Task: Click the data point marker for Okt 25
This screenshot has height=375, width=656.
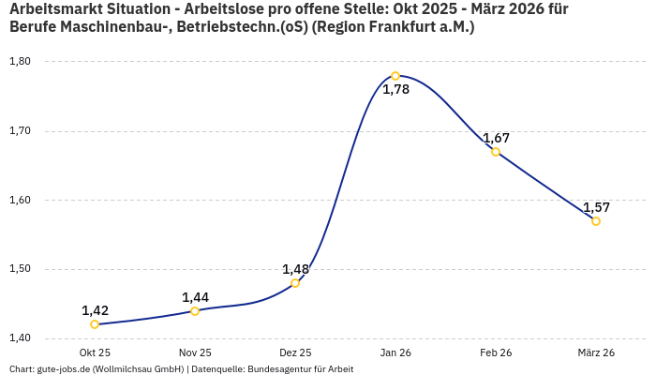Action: click(95, 324)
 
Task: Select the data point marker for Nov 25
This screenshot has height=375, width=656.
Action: click(195, 311)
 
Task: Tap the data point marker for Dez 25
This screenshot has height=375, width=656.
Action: click(295, 283)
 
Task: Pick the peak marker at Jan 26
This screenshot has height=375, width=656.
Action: click(395, 76)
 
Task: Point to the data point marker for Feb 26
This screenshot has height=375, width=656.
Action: click(496, 152)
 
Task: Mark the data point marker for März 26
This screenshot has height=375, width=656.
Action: click(596, 221)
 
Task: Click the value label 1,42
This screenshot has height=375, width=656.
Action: click(95, 310)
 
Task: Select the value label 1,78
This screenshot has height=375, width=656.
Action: click(395, 90)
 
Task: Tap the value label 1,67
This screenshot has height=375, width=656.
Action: click(496, 138)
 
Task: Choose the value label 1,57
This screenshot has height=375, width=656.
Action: click(596, 207)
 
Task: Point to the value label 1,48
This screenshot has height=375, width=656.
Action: click(295, 269)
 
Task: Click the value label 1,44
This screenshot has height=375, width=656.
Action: click(195, 297)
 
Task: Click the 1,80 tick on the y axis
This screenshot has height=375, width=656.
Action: click(20, 62)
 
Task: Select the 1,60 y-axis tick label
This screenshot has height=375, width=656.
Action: click(20, 200)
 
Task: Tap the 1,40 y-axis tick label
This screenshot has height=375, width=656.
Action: click(20, 338)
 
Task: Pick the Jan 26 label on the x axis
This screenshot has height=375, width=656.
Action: click(395, 352)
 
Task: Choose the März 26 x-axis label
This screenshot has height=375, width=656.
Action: click(596, 352)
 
